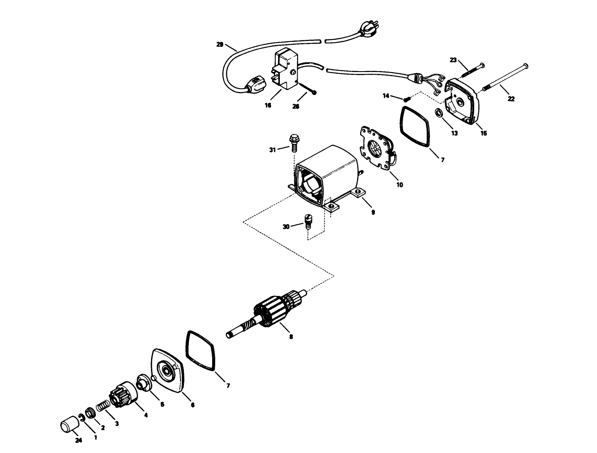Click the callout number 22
click(511, 99)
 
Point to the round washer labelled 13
click(440, 114)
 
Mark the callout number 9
click(373, 212)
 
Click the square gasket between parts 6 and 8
click(201, 351)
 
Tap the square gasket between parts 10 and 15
click(415, 126)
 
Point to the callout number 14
click(386, 95)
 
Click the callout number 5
click(162, 404)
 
